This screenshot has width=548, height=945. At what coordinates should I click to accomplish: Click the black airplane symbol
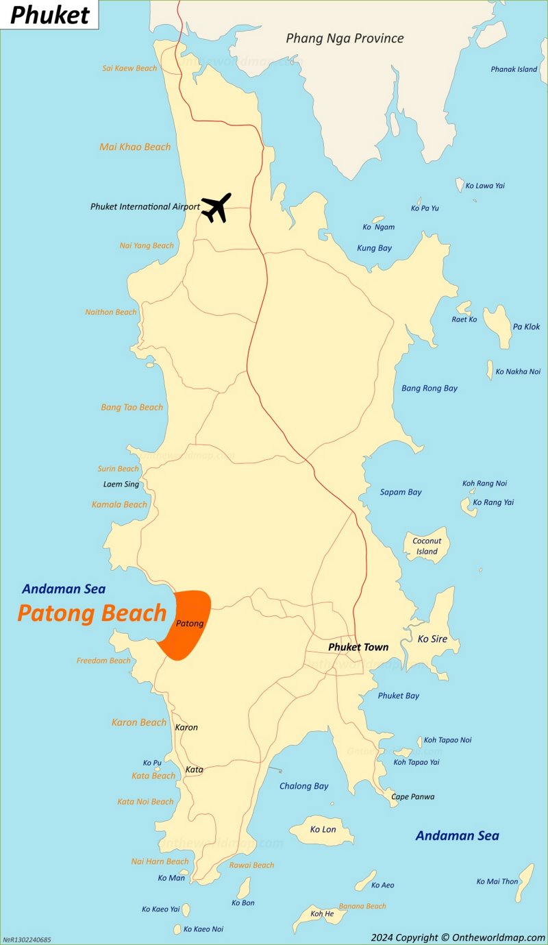pyautogui.click(x=216, y=207)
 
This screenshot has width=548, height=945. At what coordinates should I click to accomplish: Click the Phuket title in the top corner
pyautogui.click(x=49, y=15)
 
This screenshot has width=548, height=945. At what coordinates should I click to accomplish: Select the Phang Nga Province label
pyautogui.click(x=345, y=38)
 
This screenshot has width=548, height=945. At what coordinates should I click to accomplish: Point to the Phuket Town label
pyautogui.click(x=358, y=647)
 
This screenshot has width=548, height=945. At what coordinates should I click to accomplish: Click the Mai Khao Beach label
pyautogui.click(x=135, y=147)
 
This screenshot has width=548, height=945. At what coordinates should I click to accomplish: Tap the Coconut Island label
pyautogui.click(x=426, y=546)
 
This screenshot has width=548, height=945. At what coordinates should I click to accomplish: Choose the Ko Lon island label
pyautogui.click(x=323, y=829)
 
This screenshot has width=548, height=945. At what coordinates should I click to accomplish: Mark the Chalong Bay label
pyautogui.click(x=303, y=786)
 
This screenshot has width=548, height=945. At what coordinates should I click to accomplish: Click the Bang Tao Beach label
pyautogui.click(x=132, y=407)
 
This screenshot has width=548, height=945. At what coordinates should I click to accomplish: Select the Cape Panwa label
pyautogui.click(x=412, y=796)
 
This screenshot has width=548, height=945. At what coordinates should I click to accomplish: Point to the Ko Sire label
pyautogui.click(x=432, y=639)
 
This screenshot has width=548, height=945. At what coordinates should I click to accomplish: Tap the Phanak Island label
pyautogui.click(x=514, y=69)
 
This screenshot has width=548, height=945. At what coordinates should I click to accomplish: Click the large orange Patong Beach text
pyautogui.click(x=92, y=613)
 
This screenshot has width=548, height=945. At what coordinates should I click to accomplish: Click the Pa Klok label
pyautogui.click(x=526, y=326)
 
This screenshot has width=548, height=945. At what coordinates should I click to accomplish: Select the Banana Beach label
pyautogui.click(x=362, y=906)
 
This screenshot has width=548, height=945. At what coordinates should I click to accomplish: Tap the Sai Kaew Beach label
pyautogui.click(x=129, y=68)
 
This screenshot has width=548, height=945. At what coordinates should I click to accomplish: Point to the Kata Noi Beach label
pyautogui.click(x=145, y=801)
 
